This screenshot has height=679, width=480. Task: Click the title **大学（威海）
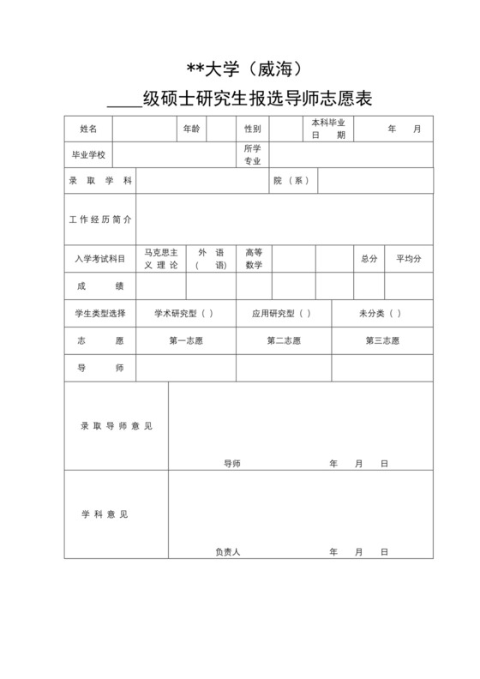239,66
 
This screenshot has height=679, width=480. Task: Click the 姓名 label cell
88,129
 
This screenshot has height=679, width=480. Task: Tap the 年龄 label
191,129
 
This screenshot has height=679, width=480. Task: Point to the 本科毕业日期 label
328,129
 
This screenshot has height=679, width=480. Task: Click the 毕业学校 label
88,154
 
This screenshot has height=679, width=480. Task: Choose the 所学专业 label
252,154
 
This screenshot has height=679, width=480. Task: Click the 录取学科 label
100,180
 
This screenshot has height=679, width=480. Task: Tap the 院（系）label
291,180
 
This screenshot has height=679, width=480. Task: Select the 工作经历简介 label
100,219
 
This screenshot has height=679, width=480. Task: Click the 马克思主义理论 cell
161,258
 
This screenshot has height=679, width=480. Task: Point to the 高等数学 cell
254,258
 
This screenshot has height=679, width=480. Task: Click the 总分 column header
369,258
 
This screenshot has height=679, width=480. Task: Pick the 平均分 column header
408,258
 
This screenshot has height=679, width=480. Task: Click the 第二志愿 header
284,340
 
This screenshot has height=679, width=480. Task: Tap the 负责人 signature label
227,551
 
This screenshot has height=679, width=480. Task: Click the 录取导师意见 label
117,425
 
